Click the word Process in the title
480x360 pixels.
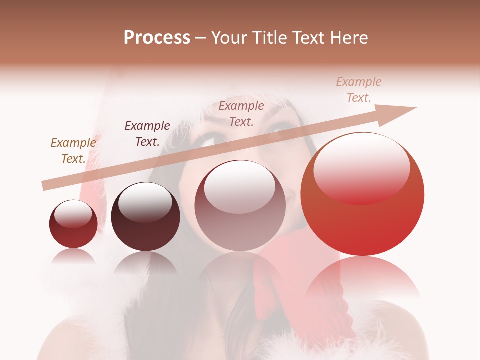tap(157, 38)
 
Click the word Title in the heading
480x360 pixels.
tap(270, 38)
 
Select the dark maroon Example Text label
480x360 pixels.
tap(147, 134)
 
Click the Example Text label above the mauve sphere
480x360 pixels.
tap(241, 114)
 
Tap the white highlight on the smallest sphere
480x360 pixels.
tap(73, 214)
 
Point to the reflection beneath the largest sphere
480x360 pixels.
tap(362, 277)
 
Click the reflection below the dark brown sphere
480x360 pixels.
tap(145, 262)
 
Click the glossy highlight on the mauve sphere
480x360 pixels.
tap(240, 187)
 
